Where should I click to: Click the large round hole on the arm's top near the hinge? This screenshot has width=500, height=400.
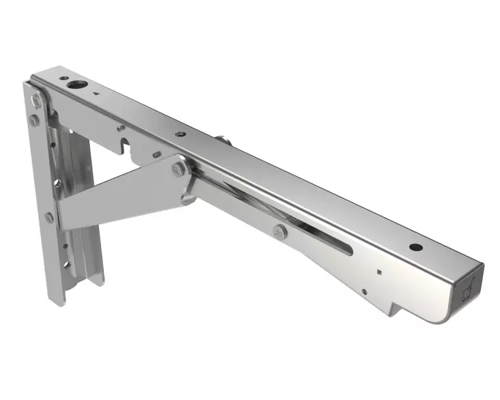point(74,85)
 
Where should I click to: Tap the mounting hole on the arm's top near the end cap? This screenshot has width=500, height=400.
point(414,246)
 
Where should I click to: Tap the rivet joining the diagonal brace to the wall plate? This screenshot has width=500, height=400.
point(50,217)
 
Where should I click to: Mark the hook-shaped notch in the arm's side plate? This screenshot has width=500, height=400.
point(124,144)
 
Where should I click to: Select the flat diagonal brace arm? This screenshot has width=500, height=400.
point(116,195)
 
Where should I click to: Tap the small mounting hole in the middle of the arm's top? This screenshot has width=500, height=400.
point(179,134)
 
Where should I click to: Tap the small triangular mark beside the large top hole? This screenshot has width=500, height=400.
point(97,94)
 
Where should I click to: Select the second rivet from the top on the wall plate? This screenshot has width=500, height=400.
point(34,121)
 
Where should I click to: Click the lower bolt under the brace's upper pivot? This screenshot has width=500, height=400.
point(186,199)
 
